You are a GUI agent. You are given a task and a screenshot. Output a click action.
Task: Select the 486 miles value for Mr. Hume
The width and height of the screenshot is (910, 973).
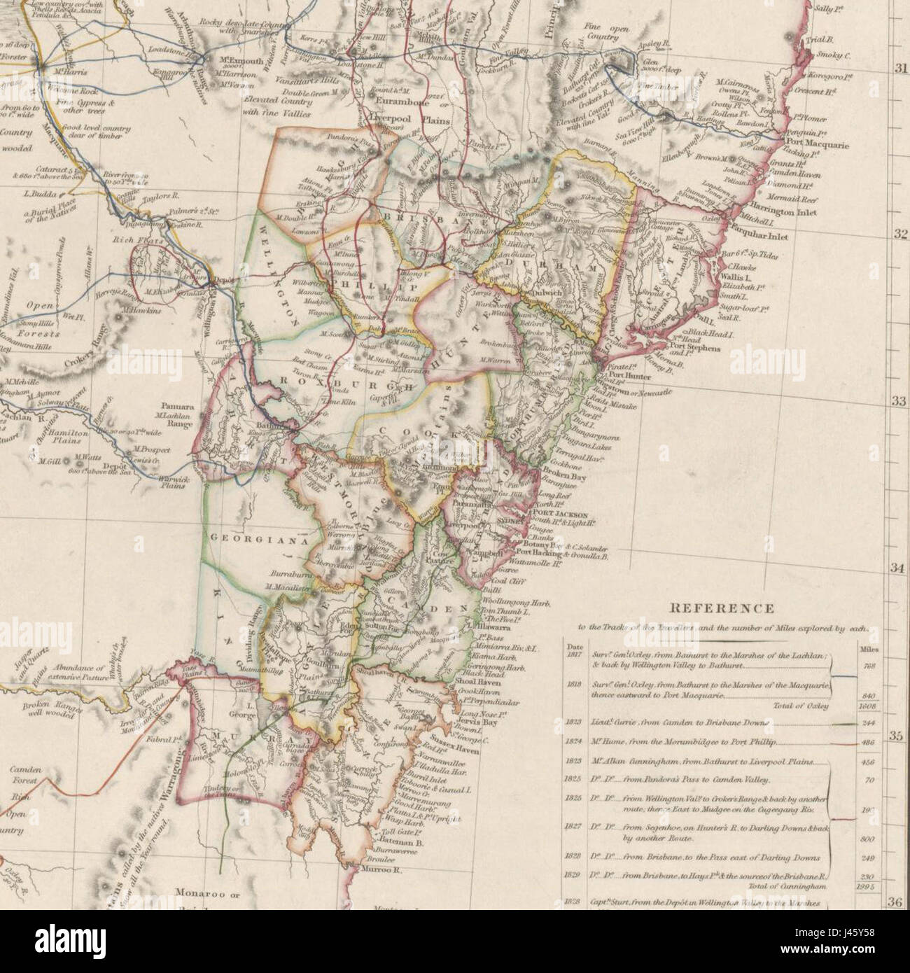tap(870, 740)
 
